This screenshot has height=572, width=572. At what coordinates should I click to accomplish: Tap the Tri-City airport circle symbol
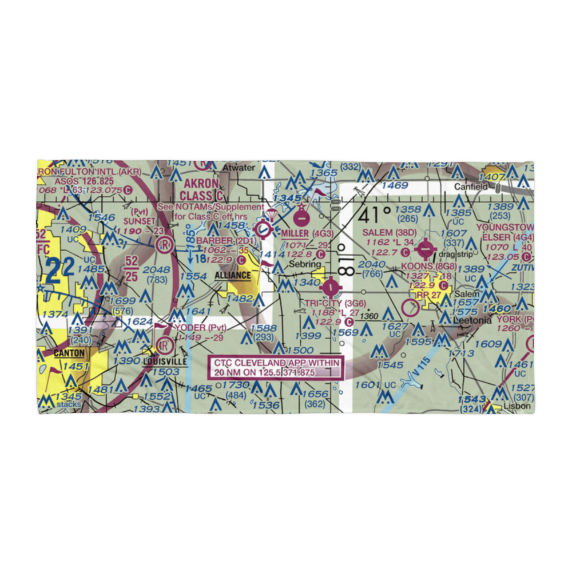click(x=331, y=285)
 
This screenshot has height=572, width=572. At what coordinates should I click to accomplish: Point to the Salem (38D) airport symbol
click(x=426, y=249)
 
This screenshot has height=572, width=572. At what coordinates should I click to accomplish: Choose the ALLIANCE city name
click(x=233, y=275)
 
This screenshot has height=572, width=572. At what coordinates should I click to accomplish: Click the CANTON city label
click(x=70, y=353)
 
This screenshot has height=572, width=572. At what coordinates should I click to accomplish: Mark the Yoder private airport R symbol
click(x=164, y=346)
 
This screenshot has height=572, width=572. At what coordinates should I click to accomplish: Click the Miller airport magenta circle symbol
click(x=300, y=217)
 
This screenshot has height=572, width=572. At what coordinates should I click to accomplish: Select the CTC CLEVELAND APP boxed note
click(x=276, y=368)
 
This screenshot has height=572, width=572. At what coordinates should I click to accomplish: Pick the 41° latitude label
click(x=376, y=215)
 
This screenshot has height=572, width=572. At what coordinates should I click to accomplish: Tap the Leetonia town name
click(x=472, y=321)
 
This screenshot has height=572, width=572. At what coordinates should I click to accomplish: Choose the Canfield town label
click(x=471, y=187)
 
